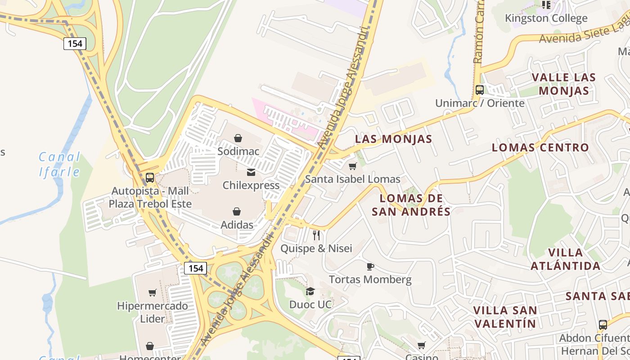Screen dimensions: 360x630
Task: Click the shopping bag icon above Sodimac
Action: click(x=238, y=138)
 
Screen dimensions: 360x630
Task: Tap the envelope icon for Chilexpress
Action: click(x=251, y=172)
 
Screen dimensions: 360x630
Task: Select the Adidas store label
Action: click(x=237, y=225)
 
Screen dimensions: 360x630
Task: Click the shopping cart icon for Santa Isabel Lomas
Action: click(x=353, y=166)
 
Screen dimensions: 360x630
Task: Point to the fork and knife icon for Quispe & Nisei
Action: click(x=316, y=235)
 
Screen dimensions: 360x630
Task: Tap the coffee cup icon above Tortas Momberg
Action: click(x=370, y=266)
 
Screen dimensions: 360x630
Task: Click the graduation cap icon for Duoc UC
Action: click(x=310, y=292)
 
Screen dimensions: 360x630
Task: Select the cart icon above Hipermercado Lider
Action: click(x=153, y=293)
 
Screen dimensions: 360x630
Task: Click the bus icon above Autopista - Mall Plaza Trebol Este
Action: click(x=150, y=178)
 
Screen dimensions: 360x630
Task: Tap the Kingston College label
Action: click(x=546, y=18)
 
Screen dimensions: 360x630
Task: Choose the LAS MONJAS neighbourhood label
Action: click(x=393, y=139)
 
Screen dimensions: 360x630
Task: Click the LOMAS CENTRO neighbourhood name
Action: click(x=540, y=148)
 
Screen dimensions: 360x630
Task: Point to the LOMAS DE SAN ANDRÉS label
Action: click(x=411, y=205)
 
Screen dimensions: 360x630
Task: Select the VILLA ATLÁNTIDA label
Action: click(x=565, y=259)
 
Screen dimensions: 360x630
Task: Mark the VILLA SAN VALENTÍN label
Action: click(x=505, y=317)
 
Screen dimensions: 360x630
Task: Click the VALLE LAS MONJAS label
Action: click(x=564, y=84)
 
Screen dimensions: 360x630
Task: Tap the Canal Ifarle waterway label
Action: click(x=59, y=164)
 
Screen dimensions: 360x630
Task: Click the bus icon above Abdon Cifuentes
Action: click(x=603, y=325)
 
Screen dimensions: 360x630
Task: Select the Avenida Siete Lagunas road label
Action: click(x=583, y=33)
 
